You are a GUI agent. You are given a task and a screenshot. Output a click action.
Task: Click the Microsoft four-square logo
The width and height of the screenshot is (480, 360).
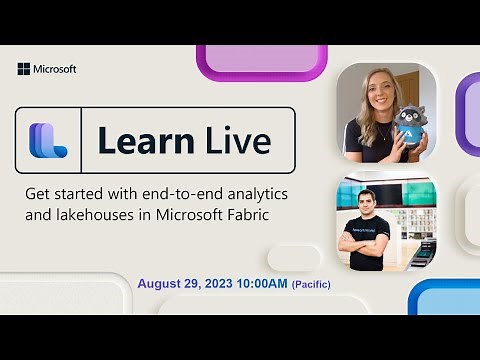24,69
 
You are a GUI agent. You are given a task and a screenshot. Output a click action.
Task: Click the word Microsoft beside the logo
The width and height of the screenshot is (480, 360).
55,69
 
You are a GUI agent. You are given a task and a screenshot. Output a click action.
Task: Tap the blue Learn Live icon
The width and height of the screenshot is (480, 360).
47,141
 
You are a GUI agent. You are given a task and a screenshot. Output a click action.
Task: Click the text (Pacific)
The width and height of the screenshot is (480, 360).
311,285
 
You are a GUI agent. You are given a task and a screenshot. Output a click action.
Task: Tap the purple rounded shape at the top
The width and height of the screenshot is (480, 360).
262,60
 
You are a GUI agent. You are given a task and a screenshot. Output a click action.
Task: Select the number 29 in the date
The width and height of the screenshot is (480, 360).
197,284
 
